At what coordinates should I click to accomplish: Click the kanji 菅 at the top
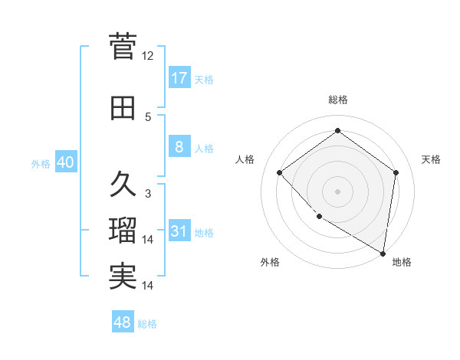point(123,47)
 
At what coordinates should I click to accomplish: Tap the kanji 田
point(123,109)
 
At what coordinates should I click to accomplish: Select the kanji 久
point(123,184)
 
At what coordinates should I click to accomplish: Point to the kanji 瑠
point(123,230)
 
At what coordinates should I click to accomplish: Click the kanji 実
point(123,277)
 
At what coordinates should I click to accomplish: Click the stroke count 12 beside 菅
point(148,56)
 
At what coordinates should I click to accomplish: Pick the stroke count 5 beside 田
point(148,117)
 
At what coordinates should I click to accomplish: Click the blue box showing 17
point(179,78)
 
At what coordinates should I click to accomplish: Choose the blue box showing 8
point(179,147)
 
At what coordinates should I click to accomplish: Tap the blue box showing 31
point(179,231)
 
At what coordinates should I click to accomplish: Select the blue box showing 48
point(123,322)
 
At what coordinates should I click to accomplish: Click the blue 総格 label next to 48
point(147,324)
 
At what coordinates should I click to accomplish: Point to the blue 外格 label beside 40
point(41,164)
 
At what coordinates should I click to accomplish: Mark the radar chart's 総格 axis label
point(337,100)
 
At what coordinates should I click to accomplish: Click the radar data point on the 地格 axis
point(383,253)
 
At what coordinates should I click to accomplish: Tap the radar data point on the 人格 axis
point(280,172)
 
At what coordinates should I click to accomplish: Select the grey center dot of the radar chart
point(337,191)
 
